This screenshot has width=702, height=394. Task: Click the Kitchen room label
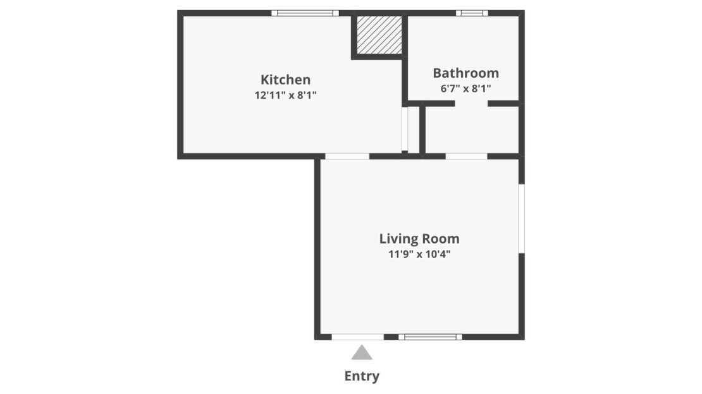pos(285,80)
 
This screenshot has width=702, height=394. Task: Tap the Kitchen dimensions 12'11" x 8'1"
pos(285,95)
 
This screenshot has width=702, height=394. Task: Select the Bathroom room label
pos(465,73)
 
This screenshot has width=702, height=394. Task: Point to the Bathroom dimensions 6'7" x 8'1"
pos(465,89)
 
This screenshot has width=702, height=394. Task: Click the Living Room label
pos(419,239)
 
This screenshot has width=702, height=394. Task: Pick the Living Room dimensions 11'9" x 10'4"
pos(419,255)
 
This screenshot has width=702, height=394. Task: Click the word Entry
pos(362,376)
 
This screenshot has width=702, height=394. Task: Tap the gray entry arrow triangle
pos(362,353)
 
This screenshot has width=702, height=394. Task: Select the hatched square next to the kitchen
pos(379,35)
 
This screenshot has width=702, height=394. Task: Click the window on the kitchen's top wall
pos(305,13)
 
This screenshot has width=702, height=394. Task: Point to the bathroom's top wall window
pos(472,13)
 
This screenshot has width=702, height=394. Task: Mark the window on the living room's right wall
pos(522,218)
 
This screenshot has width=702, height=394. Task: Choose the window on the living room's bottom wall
pos(430,337)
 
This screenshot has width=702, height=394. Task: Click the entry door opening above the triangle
pos(358,337)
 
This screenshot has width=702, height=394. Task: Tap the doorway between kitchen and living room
pos(347,156)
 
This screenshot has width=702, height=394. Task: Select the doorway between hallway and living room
pos(466,156)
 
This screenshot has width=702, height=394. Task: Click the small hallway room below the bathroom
pos(471,130)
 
